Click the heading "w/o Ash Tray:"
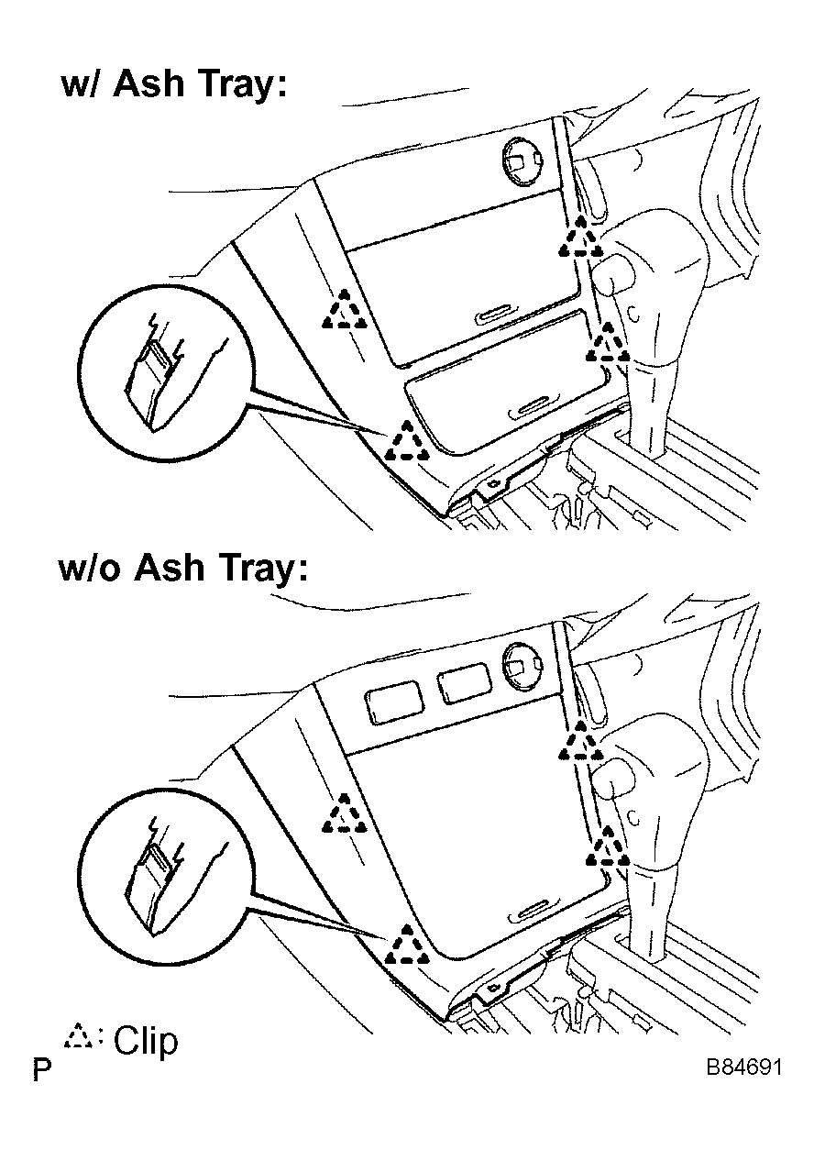coord(183,569)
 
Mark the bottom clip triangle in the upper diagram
coord(407,441)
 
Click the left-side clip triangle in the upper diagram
coord(345,309)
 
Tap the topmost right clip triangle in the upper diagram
coord(580,237)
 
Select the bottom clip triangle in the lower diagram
coord(407,945)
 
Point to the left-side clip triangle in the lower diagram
coord(345,813)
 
